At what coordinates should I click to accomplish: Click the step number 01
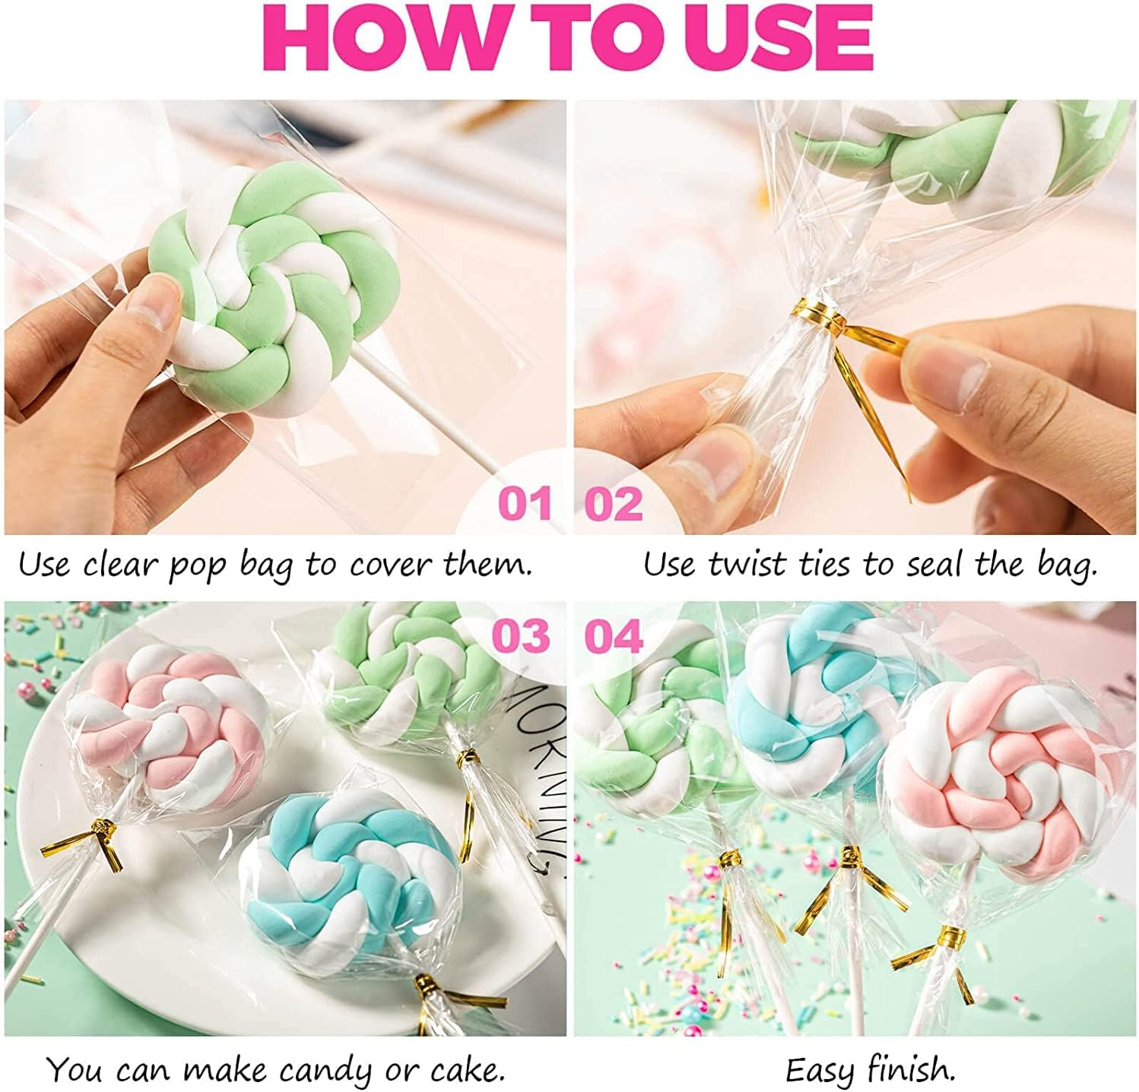point(525,504)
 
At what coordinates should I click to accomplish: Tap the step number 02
point(614,504)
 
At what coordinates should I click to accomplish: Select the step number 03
point(521,636)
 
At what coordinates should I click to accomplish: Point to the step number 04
point(614,636)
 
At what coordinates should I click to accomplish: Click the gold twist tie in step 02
point(812,312)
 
